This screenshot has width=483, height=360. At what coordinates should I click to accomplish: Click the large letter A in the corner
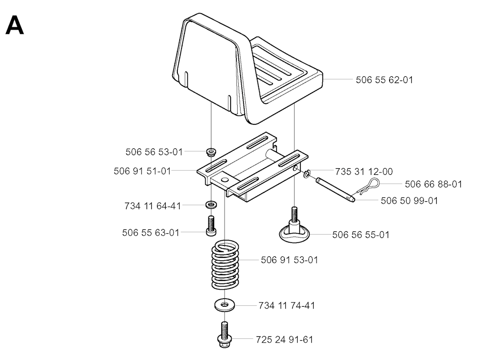point(15,25)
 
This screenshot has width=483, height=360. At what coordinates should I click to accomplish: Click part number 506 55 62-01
point(384,80)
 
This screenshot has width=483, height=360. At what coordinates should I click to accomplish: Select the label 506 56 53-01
point(154,152)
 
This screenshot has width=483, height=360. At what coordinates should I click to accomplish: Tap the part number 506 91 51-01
point(142,171)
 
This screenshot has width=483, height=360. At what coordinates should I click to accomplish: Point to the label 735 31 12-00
point(364,172)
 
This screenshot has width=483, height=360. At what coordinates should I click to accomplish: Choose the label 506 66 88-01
point(433,184)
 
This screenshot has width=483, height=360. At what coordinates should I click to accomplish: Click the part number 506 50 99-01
point(409,200)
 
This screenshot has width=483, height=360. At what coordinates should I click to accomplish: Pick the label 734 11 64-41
point(153,206)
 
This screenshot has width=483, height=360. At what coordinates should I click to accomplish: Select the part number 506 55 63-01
point(150,232)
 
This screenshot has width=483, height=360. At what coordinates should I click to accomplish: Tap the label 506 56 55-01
point(361,235)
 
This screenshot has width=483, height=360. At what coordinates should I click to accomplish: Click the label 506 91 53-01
point(289,260)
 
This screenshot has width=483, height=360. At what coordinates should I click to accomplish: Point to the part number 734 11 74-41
point(286,305)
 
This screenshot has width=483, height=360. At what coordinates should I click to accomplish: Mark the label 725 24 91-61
point(284,339)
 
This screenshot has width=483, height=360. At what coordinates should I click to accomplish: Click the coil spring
point(225,265)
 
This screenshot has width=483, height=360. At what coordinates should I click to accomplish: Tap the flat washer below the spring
point(225,305)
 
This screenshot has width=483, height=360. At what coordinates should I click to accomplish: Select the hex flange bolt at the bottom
point(225,335)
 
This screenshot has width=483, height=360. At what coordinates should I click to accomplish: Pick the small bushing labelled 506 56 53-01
point(211,152)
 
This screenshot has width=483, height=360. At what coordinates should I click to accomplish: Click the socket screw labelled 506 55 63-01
point(211,226)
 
